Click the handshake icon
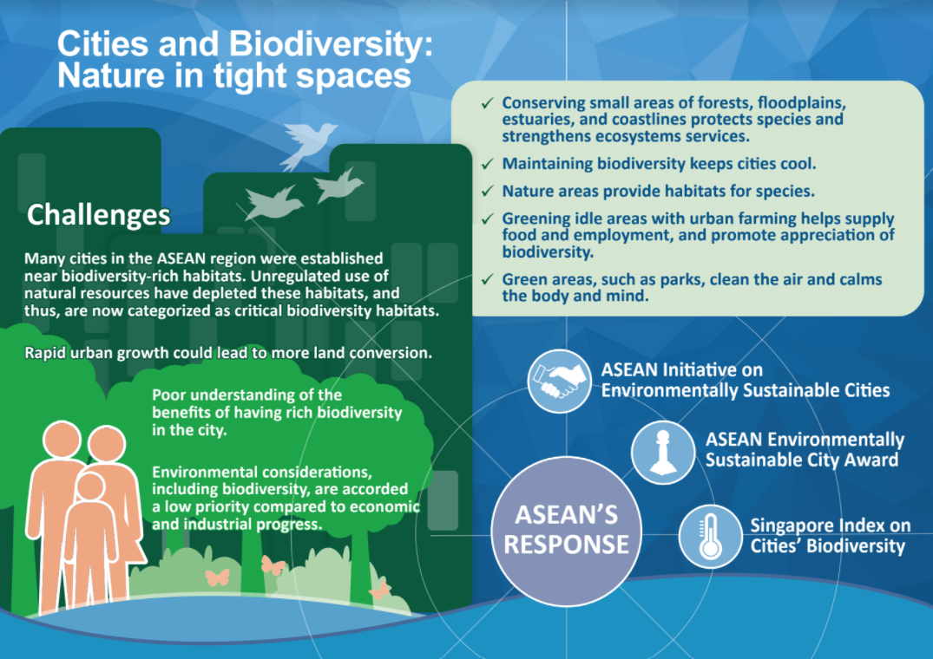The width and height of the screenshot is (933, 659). click(x=558, y=381)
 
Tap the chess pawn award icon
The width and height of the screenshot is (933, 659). click(x=663, y=453)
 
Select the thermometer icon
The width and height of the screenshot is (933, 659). click(x=711, y=537)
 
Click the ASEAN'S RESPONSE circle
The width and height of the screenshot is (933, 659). click(x=566, y=531)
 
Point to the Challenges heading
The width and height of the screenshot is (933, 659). click(x=99, y=214)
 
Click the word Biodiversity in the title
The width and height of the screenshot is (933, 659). click(x=331, y=44)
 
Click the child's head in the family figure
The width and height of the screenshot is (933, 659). click(x=90, y=486)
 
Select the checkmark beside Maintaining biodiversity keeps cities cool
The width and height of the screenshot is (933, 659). click(x=487, y=163)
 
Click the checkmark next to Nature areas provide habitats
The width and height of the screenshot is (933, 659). click(x=487, y=191)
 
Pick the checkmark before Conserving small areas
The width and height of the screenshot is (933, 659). click(x=487, y=103)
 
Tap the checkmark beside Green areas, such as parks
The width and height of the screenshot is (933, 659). click(x=487, y=279)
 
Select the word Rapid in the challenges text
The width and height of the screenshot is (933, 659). click(x=45, y=353)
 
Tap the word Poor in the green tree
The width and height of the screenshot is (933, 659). click(x=169, y=395)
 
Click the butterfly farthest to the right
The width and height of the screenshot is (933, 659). click(x=379, y=590)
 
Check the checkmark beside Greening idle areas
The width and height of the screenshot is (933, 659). click(x=487, y=219)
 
